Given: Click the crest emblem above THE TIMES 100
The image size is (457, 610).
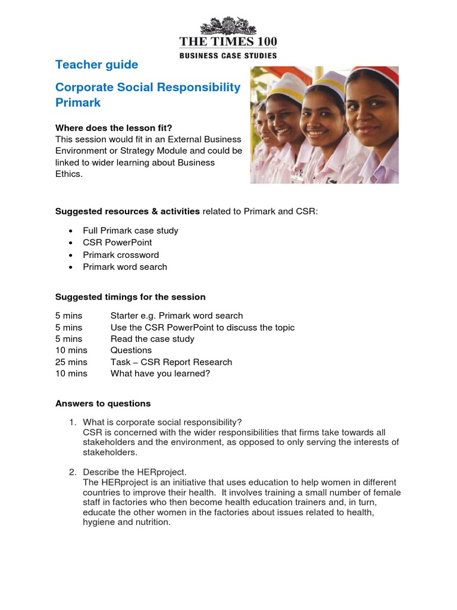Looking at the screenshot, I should [228, 26].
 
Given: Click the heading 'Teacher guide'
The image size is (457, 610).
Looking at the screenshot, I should [96, 65].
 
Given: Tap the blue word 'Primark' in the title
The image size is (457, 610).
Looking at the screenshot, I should [78, 102].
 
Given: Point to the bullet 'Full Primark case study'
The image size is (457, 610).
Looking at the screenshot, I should [130, 231].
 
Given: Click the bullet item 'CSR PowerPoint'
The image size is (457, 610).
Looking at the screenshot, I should [117, 242].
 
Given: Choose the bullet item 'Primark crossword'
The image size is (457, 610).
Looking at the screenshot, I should [121, 255].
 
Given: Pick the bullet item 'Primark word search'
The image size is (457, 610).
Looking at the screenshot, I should [125, 267].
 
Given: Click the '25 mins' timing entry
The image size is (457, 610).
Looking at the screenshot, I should [71, 362].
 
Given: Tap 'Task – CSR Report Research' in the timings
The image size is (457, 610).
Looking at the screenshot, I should [171, 362].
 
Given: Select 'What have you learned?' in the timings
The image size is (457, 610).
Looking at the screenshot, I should [160, 374].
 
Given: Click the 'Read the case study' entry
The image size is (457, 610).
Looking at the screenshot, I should [152, 339].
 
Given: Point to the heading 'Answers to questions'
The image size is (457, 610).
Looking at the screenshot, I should [103, 403].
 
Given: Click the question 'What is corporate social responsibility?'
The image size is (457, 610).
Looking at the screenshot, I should [162, 422].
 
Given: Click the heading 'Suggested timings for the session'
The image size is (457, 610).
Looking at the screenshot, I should [130, 297].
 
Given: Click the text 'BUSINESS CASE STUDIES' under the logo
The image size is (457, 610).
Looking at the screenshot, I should [228, 55].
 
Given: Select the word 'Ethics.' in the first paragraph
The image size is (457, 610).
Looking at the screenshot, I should [70, 174].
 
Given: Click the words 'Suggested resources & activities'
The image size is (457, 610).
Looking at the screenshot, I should [127, 211].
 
